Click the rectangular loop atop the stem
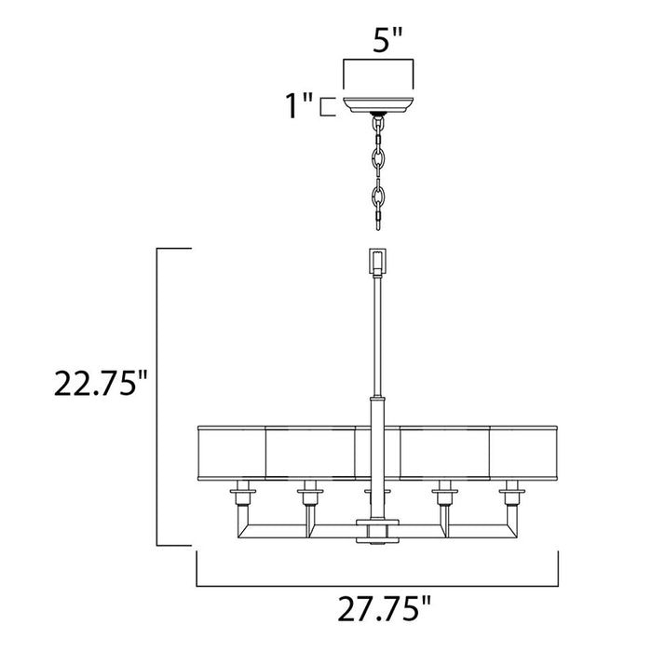(377, 262)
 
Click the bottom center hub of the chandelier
(377, 528)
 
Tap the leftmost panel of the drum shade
(233, 449)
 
